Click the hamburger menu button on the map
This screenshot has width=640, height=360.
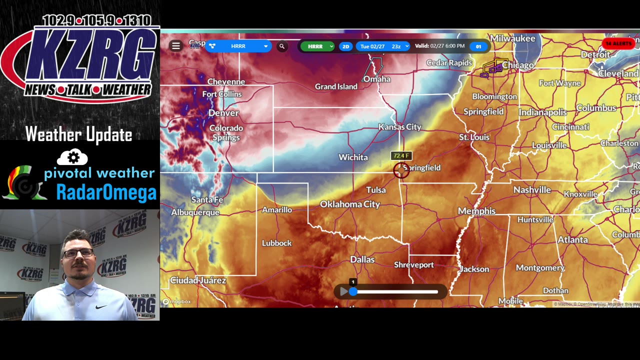pyautogui.click(x=176, y=46)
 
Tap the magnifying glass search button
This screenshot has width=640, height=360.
pyautogui.click(x=282, y=46)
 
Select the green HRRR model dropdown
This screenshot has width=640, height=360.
pyautogui.click(x=317, y=46)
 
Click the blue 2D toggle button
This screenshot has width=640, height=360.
pyautogui.click(x=345, y=46)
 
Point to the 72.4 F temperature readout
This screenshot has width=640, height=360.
pyautogui.click(x=401, y=156)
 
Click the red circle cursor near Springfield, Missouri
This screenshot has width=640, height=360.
pyautogui.click(x=400, y=170)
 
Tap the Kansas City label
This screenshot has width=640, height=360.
pyautogui.click(x=399, y=127)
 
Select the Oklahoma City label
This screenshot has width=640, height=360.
pyautogui.click(x=350, y=204)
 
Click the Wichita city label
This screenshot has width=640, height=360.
pyautogui.click(x=353, y=157)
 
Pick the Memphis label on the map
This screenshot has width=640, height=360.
pyautogui.click(x=476, y=211)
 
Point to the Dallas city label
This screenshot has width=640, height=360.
pyautogui.click(x=362, y=259)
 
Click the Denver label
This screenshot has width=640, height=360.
pyautogui.click(x=223, y=113)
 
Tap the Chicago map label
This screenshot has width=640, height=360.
pyautogui.click(x=517, y=65)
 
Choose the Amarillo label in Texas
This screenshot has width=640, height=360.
pyautogui.click(x=277, y=210)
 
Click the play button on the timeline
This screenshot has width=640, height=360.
pyautogui.click(x=343, y=291)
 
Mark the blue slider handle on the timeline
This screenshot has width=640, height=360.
pyautogui.click(x=353, y=291)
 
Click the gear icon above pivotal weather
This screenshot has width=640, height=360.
pyautogui.click(x=73, y=158)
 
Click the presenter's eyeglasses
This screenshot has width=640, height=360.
pyautogui.click(x=78, y=253)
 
